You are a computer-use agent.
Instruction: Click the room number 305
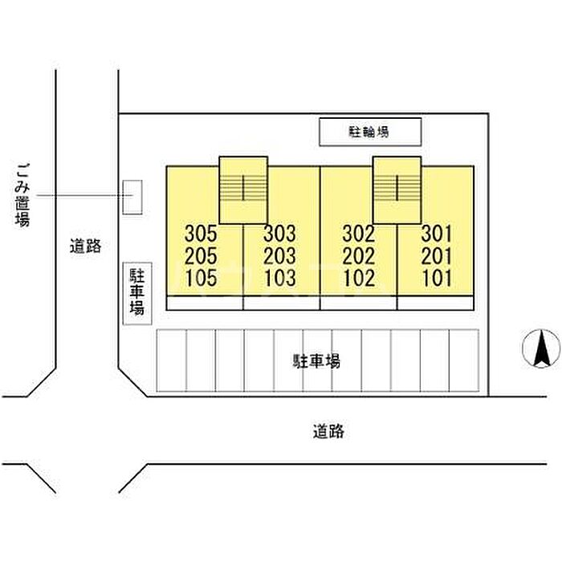pos(201,234)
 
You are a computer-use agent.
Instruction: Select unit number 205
pos(201,256)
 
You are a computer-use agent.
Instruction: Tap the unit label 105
pos(201,278)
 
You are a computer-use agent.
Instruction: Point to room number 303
pos(280,234)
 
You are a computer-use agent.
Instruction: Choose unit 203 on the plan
pos(280,256)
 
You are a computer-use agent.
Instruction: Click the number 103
pos(280,278)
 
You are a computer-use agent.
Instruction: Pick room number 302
pos(359,234)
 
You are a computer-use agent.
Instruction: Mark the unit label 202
pos(359,256)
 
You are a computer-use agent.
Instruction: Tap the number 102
pos(359,278)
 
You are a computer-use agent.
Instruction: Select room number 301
pos(437,234)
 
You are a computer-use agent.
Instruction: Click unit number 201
pos(437,256)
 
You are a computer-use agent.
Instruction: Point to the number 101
pos(437,278)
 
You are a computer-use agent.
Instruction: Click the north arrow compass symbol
pos(541,348)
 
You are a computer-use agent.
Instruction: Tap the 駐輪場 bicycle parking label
pos(369,132)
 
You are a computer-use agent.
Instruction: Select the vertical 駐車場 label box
pos(137,294)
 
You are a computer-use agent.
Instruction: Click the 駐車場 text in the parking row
pos(317,361)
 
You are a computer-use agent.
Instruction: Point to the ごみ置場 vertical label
pos(22,195)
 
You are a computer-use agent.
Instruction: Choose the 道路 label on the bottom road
pos(328,431)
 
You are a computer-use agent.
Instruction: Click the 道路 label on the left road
pos(85,246)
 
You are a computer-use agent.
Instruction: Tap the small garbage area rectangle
pos(132,198)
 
